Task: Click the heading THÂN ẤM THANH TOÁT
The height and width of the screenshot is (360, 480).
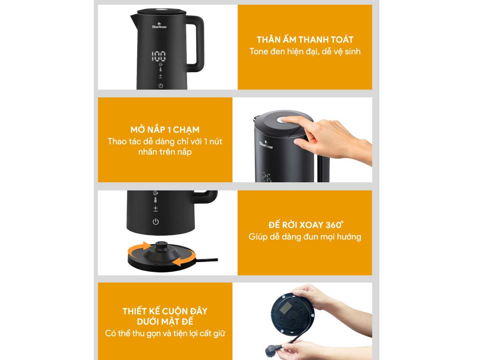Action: tap(305, 40)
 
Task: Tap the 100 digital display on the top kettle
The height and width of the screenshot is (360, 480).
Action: tap(159, 56)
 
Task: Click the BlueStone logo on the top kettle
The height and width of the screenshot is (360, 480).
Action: tap(159, 26)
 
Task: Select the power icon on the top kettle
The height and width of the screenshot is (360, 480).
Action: tap(161, 85)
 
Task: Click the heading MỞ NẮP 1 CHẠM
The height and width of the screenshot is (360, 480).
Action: tap(165, 130)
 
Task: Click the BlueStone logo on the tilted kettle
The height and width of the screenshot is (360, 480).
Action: tap(266, 144)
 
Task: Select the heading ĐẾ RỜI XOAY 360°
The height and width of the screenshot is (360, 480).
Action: tap(306, 225)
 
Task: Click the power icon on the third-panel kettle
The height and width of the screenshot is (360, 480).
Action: tap(156, 222)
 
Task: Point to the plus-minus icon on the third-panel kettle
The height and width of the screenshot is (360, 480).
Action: tap(156, 209)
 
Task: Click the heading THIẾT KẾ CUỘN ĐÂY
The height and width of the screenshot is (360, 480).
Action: tap(165, 311)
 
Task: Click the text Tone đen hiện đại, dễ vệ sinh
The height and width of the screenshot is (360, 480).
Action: tap(305, 52)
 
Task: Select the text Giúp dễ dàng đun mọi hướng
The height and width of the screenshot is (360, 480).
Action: tap(305, 237)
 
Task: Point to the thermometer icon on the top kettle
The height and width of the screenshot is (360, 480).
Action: tap(161, 70)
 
